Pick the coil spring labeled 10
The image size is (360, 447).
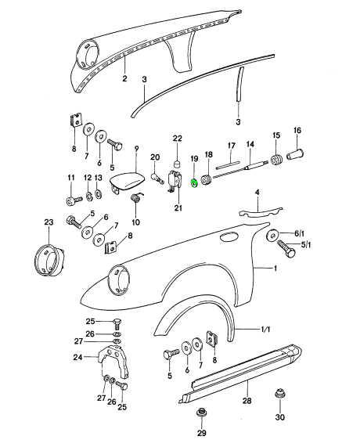click(x=136, y=200)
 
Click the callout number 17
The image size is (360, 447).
click(x=232, y=146)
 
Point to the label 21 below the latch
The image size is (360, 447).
click(x=178, y=207)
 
